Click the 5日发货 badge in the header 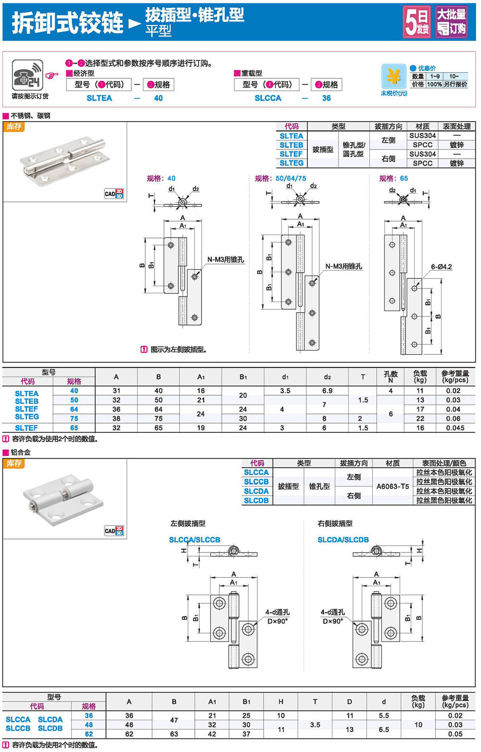coord(417,22)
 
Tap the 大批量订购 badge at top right coord(451,22)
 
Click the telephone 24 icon coord(27,75)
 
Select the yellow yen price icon coord(393,76)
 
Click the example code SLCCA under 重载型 coord(268,98)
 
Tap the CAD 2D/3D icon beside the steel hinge coord(114,194)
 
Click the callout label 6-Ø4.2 coord(441,267)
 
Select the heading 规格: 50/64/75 coord(280,178)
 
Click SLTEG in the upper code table coord(291,163)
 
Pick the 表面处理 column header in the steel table coord(456,126)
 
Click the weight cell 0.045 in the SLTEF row coord(455,428)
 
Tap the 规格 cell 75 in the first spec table coord(74,418)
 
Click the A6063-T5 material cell coord(392,486)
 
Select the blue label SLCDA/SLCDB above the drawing coord(343,540)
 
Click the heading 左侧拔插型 coord(188,524)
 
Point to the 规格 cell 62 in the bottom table coord(89,734)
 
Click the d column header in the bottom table coord(384,702)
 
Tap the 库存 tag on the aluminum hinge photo coord(14,464)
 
